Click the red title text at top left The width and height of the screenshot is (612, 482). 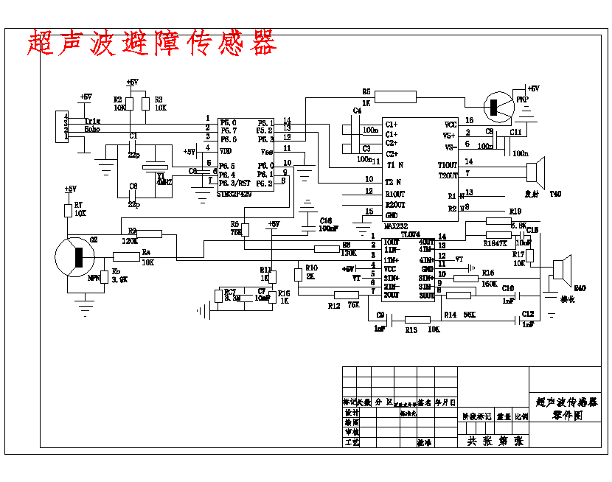(x=151, y=43)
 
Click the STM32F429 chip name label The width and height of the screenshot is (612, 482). (x=233, y=193)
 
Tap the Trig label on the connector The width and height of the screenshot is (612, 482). (x=92, y=121)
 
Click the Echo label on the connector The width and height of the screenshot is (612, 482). (x=92, y=129)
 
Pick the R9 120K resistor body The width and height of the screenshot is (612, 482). (x=150, y=234)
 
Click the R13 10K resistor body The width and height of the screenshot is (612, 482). (x=418, y=319)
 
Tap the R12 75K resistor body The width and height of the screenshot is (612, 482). (x=347, y=296)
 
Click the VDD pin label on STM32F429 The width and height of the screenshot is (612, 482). (x=226, y=150)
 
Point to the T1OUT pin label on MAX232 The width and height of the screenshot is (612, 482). (x=448, y=164)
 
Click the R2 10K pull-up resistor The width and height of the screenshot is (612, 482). (x=130, y=102)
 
